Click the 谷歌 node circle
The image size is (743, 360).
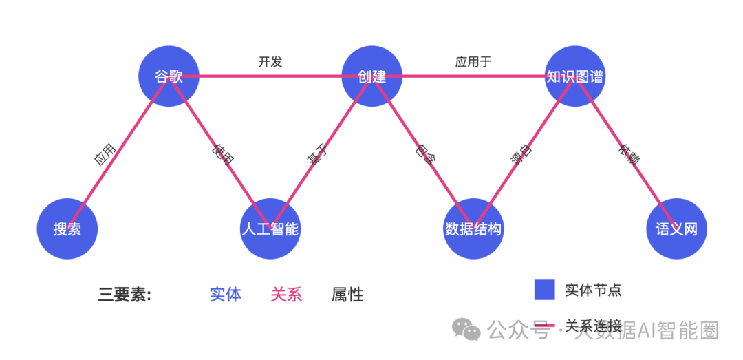(169, 76)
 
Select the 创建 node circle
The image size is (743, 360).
(372, 76)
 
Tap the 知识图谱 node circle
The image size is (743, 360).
(575, 76)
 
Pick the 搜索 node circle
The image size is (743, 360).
(67, 229)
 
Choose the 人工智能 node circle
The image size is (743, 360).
(270, 229)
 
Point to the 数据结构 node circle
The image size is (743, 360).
(473, 229)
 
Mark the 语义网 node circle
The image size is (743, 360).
(677, 229)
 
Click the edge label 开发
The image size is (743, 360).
(270, 62)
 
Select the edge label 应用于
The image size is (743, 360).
(473, 62)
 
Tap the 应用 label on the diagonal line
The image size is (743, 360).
(105, 156)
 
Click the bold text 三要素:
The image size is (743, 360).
(125, 295)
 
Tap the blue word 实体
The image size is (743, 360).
(226, 295)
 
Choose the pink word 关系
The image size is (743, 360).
(286, 295)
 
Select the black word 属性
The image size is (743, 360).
(347, 295)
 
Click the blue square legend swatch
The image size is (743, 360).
(544, 290)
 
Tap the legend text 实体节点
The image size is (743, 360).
(593, 290)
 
